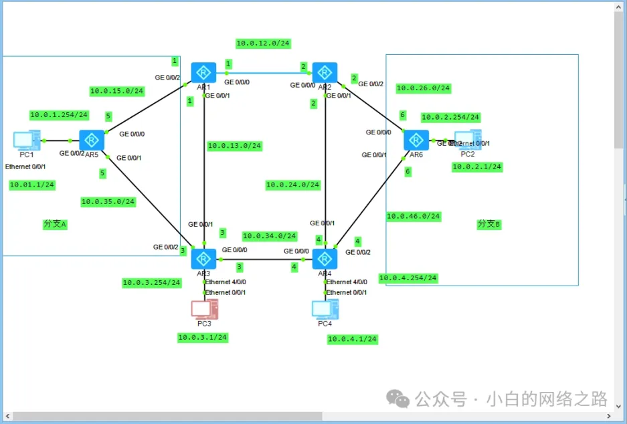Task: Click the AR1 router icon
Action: coord(203,72)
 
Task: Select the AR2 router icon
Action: coord(325,72)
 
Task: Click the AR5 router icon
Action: coord(92,140)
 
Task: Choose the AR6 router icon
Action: coord(416,140)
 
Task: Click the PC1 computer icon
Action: coord(24,141)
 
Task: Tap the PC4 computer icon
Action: coord(325,309)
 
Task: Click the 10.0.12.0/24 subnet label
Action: coord(263,43)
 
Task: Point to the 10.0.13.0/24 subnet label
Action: coord(234,145)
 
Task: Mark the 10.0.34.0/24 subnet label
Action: coord(269,236)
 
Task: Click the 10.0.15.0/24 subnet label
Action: coord(117,90)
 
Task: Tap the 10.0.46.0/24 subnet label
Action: coord(414,216)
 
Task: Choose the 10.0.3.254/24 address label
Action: coord(152,283)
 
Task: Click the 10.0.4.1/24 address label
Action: coord(352,339)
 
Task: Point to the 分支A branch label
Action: coord(55,224)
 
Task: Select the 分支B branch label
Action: coord(488,224)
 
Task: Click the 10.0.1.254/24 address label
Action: coord(59,115)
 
